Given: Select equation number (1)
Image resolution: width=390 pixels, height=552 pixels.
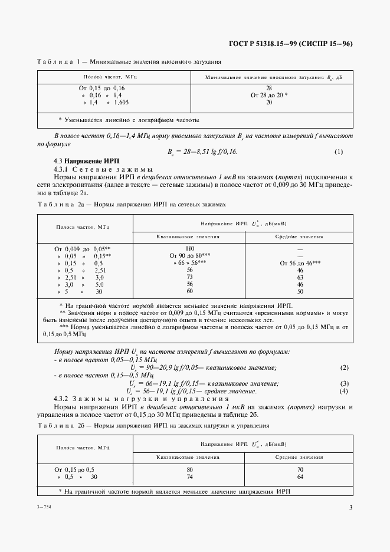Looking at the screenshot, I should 339,152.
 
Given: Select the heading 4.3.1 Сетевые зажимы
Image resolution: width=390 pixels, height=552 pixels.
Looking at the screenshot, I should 103,169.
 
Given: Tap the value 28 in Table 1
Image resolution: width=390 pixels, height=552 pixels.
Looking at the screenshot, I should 269,88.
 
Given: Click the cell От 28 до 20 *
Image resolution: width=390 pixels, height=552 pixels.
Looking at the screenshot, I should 269,95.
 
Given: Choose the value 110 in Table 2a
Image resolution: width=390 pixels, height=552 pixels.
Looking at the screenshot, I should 189,249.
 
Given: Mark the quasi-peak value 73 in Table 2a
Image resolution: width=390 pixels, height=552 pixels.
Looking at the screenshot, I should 189,277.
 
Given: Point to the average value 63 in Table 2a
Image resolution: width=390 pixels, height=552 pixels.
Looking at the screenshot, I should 300,277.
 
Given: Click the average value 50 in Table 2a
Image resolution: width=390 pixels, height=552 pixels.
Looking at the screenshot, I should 300,291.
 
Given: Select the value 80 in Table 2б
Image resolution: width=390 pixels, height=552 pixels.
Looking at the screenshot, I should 190,469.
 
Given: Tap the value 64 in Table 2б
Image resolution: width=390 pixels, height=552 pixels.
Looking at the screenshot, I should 300,477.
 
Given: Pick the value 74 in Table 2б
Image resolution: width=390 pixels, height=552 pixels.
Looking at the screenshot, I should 190,477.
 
